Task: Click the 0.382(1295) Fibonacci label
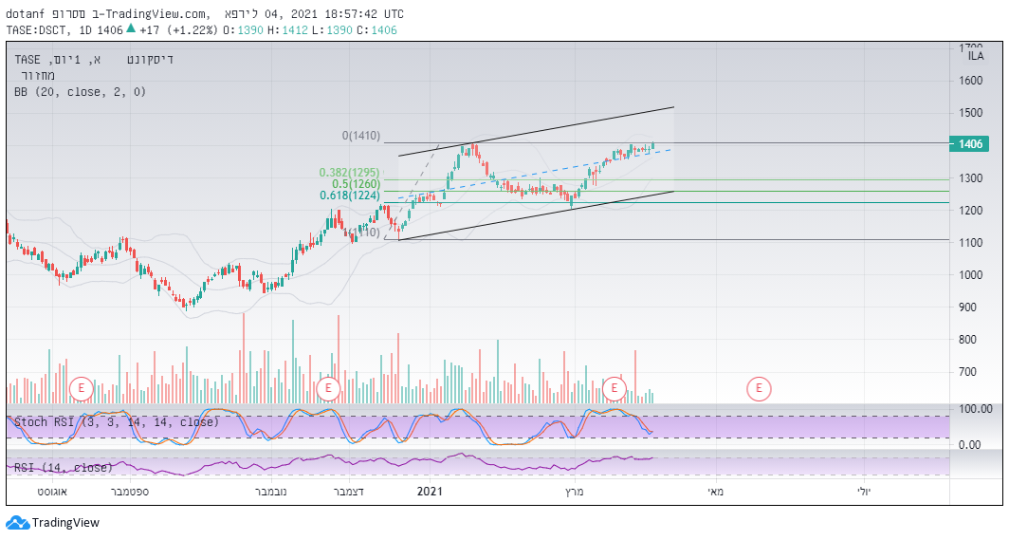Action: (348, 173)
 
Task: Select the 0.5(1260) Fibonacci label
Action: (355, 184)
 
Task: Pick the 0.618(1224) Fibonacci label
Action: (348, 196)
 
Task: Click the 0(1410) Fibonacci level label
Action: (360, 136)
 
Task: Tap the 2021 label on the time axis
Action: (430, 492)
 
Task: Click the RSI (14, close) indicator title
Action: (63, 467)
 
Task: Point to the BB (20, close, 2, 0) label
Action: (80, 92)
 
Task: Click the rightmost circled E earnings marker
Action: (759, 387)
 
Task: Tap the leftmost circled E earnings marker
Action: (82, 387)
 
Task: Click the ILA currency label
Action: (975, 56)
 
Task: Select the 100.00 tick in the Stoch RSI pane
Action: (975, 409)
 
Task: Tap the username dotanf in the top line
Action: (26, 14)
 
